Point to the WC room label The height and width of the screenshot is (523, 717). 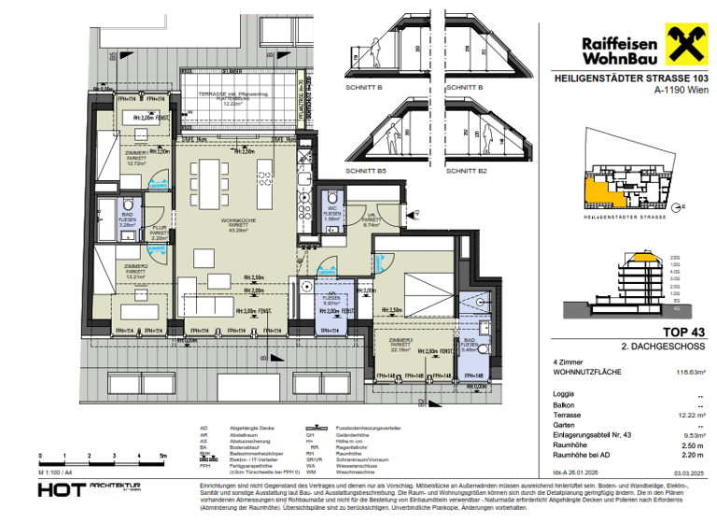pos(331,210)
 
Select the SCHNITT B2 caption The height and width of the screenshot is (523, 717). pos(466,172)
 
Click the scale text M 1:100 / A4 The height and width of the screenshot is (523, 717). pos(57,475)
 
